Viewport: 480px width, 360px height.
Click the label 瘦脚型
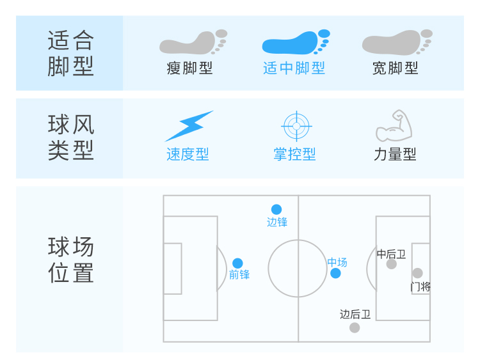point(189,68)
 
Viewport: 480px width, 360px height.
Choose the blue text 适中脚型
point(294,68)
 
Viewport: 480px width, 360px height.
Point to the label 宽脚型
point(395,68)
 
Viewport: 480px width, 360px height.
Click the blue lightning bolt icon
point(189,126)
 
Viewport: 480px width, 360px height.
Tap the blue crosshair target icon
point(296,126)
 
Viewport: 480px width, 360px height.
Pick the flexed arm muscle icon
point(394,126)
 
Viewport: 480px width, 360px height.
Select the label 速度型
point(188,154)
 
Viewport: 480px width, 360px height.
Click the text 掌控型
point(294,154)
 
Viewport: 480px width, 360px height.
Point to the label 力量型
point(395,154)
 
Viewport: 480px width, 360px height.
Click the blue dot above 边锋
point(276,209)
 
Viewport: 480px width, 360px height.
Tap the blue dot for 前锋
point(237,263)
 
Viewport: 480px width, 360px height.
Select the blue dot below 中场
point(335,274)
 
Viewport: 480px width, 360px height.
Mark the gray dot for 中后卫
point(392,264)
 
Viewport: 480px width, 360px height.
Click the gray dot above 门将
point(417,273)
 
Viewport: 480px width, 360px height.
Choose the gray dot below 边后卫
point(355,327)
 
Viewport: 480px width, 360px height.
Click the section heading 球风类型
point(70,137)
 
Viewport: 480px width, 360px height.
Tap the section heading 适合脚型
point(70,53)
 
